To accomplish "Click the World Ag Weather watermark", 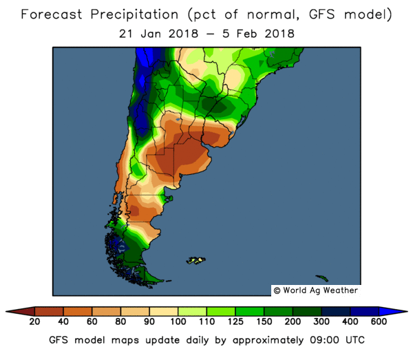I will coord(315,290).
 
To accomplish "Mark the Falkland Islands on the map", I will coord(196,260).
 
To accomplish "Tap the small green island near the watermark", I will coord(321,279).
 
